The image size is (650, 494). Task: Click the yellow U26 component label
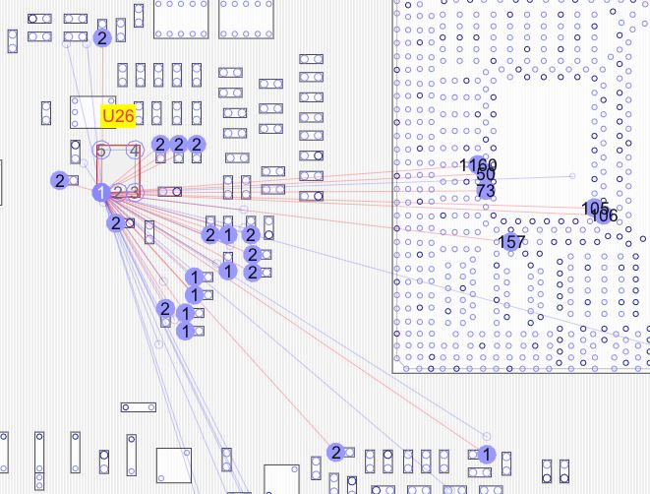117,116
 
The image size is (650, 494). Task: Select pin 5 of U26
101,151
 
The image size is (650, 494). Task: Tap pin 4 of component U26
135,151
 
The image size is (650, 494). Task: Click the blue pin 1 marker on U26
101,192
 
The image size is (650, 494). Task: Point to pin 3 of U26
135,192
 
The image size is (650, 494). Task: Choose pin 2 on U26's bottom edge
119,192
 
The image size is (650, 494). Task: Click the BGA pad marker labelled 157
511,242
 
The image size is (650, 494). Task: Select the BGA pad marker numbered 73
486,190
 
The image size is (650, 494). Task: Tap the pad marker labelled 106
605,215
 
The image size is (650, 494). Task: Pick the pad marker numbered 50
486,176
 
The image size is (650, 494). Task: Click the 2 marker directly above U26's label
102,37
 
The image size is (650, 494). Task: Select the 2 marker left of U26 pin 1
60,180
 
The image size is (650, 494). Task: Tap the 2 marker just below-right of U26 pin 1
116,223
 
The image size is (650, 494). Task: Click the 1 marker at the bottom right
485,454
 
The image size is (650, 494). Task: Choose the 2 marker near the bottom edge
335,452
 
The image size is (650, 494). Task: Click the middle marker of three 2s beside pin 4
178,145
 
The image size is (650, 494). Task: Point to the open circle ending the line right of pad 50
573,176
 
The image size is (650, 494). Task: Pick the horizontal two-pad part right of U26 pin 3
169,191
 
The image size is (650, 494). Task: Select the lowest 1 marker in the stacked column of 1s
184,331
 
